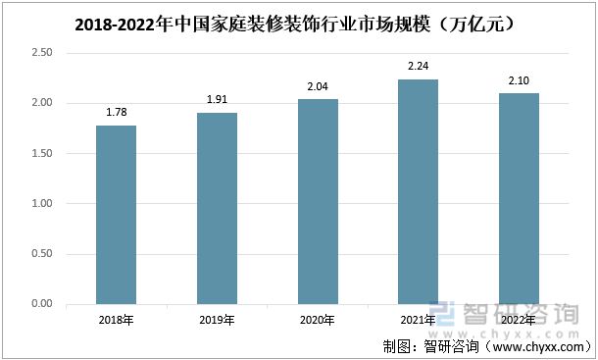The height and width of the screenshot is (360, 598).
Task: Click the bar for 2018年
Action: pos(116,215)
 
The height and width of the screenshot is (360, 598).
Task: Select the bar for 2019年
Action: pos(217,208)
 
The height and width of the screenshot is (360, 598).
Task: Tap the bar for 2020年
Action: pos(318,201)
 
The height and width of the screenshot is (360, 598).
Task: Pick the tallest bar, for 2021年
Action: pos(418,191)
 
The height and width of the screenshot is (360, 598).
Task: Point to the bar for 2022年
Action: pos(519,198)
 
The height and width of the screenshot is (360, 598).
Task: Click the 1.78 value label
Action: pos(116,112)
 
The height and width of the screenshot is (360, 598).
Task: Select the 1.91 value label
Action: pos(217,99)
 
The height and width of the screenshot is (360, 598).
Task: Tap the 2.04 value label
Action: pos(318,85)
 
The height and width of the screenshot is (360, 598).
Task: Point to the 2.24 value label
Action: pos(419,66)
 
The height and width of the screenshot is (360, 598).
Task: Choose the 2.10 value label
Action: pos(519,79)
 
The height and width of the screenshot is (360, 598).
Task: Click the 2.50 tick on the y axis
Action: pos(41,53)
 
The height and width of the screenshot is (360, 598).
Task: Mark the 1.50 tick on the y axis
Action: pos(41,154)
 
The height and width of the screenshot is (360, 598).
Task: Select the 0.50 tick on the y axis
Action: pos(41,254)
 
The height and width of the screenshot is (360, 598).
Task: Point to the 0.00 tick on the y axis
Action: pos(41,304)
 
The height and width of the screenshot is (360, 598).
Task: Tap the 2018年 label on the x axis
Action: pos(116,320)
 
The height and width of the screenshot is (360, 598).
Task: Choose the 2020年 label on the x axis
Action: pos(318,320)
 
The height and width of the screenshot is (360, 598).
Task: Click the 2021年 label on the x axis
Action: pos(419,320)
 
